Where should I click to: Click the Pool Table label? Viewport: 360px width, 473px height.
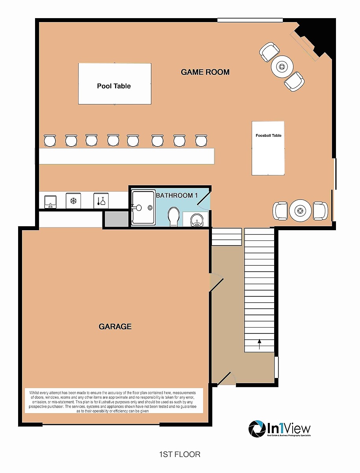click(x=114, y=86)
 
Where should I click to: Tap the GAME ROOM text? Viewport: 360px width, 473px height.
click(x=205, y=72)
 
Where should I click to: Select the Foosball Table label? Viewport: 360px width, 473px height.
click(x=268, y=136)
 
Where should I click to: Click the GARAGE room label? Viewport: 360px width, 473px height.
click(x=115, y=327)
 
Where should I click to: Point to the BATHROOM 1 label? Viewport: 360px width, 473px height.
click(x=177, y=196)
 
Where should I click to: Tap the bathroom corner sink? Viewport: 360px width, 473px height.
click(x=196, y=220)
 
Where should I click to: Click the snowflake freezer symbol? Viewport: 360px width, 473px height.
click(x=73, y=201)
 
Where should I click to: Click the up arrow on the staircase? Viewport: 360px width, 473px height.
click(x=259, y=344)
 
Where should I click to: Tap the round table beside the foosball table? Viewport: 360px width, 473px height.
click(x=300, y=211)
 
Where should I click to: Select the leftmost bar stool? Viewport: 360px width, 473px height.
click(x=50, y=140)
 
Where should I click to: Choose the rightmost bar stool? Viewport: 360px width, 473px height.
click(x=201, y=140)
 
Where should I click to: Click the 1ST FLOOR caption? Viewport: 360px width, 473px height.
click(x=180, y=454)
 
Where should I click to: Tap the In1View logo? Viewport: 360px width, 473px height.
click(x=279, y=429)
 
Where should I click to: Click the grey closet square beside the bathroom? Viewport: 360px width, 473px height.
click(x=116, y=219)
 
